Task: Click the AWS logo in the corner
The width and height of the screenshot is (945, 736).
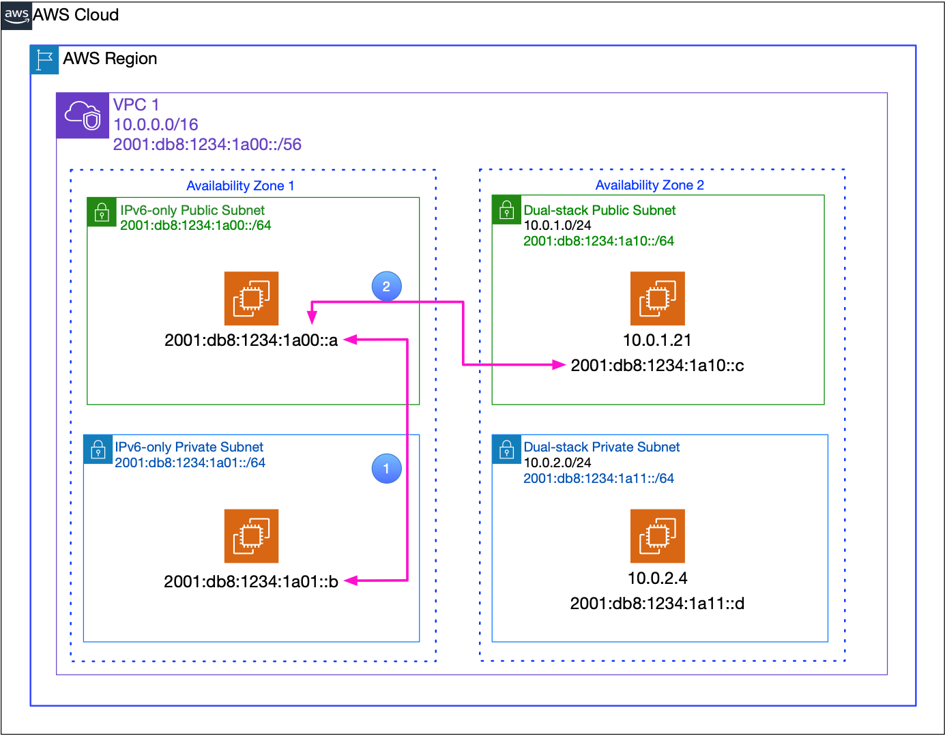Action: (x=16, y=16)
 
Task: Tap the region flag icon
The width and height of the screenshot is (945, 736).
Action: (x=45, y=60)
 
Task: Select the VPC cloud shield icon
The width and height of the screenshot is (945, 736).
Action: (x=83, y=116)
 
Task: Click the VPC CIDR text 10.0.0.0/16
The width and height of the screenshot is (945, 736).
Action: (x=156, y=124)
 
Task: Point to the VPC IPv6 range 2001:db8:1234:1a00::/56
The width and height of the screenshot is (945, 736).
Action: (x=207, y=144)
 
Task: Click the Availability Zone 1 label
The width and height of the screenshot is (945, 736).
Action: (x=240, y=186)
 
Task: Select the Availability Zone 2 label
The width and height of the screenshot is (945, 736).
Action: (x=650, y=185)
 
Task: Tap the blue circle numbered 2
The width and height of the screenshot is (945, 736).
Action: (x=386, y=286)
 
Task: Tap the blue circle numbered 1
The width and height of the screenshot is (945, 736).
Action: (x=386, y=469)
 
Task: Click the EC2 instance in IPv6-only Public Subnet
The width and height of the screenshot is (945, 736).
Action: (x=251, y=299)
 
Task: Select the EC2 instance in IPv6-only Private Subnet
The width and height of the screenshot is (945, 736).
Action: (x=251, y=536)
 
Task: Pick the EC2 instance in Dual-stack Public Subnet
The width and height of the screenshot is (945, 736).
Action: (x=657, y=299)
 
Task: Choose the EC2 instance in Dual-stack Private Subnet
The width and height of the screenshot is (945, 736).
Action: (x=657, y=536)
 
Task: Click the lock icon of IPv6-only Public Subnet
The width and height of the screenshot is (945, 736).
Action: (x=102, y=212)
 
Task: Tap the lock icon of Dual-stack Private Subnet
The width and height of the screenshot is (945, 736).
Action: (x=506, y=450)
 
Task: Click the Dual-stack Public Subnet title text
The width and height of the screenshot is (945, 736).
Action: (x=599, y=210)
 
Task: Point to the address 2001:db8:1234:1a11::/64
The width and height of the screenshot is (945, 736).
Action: (x=598, y=478)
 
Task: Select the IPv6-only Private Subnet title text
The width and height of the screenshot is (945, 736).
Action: (x=189, y=447)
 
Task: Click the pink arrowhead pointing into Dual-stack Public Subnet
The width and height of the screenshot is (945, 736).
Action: (x=559, y=365)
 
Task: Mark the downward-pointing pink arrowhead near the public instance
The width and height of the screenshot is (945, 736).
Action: (x=312, y=317)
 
